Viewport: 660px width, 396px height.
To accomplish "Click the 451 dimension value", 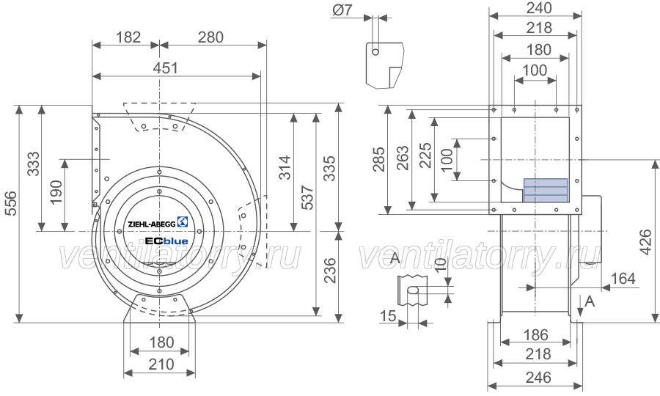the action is pyautogui.click(x=166, y=68).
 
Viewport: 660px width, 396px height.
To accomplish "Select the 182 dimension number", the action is pyautogui.click(x=128, y=37).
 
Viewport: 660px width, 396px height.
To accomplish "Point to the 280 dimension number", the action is pyautogui.click(x=210, y=37).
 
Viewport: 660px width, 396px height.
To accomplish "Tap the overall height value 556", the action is pyautogui.click(x=10, y=203).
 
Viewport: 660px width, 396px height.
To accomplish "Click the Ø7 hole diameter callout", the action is pyautogui.click(x=342, y=10).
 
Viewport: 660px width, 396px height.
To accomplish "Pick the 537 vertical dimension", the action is pyautogui.click(x=308, y=197).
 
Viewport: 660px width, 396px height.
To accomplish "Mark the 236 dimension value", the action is pyautogui.click(x=331, y=270).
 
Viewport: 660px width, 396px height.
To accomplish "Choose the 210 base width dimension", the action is pyautogui.click(x=161, y=364).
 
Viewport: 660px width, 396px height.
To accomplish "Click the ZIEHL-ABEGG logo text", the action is pyautogui.click(x=152, y=224).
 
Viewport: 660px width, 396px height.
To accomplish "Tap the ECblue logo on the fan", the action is pyautogui.click(x=166, y=241).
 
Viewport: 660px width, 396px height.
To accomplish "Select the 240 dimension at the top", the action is pyautogui.click(x=539, y=7).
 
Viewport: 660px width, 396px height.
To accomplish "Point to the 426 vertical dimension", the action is pyautogui.click(x=645, y=241).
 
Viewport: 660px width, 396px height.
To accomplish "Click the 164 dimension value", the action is pyautogui.click(x=623, y=279).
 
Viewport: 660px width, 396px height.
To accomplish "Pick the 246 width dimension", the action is pyautogui.click(x=539, y=378).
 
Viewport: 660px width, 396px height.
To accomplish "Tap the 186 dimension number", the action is pyautogui.click(x=535, y=335).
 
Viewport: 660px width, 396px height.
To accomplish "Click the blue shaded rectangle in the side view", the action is pyautogui.click(x=546, y=190).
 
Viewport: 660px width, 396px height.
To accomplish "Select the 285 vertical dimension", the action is pyautogui.click(x=379, y=159).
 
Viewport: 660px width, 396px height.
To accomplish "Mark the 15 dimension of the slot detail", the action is pyautogui.click(x=388, y=315).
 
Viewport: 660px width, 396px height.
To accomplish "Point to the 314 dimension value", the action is pyautogui.click(x=285, y=167).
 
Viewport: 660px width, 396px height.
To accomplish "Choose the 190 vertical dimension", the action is pyautogui.click(x=56, y=192).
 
